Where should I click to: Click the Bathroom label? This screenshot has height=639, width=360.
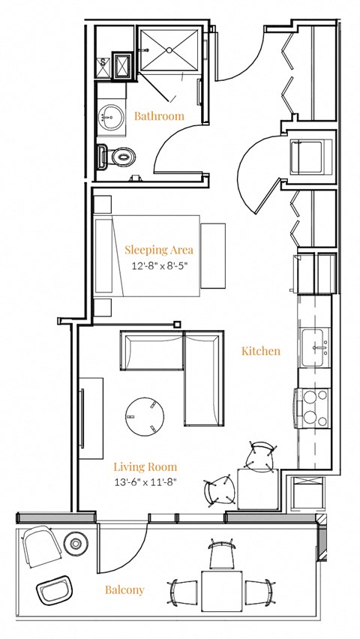coord(159,116)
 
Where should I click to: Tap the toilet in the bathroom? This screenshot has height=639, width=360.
coord(118,157)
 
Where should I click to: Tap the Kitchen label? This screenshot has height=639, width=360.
coord(261,351)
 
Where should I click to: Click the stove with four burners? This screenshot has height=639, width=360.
coord(313,406)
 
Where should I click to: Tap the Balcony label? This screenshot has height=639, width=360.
coord(124,590)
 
